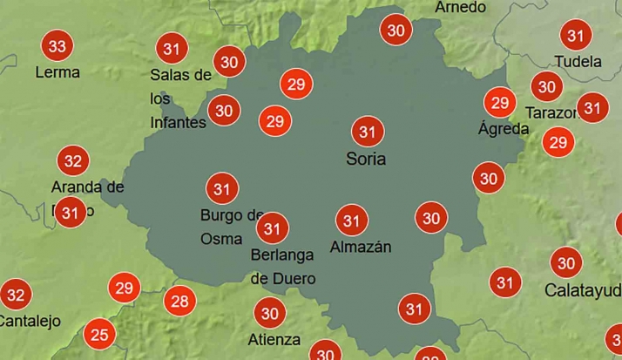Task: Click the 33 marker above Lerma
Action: tap(57, 46)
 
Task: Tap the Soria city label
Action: tap(366, 160)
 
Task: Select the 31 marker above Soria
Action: tap(367, 132)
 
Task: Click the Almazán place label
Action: tap(361, 248)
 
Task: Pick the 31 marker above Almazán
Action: tap(351, 221)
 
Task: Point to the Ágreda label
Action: tap(504, 129)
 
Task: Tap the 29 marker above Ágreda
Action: tap(499, 104)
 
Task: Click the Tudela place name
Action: tap(578, 62)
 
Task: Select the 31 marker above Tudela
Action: tap(575, 36)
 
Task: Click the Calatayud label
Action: tap(583, 289)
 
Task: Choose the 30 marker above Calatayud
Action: tap(566, 262)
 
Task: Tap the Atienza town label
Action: tap(274, 339)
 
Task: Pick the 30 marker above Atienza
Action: tap(270, 313)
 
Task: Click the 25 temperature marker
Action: tap(100, 334)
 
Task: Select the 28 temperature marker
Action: tap(179, 302)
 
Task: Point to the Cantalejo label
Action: tap(30, 321)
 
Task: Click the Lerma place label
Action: tap(57, 72)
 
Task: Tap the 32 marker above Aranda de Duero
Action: tap(73, 160)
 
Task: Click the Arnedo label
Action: tap(460, 7)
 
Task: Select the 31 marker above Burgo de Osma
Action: tap(221, 188)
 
